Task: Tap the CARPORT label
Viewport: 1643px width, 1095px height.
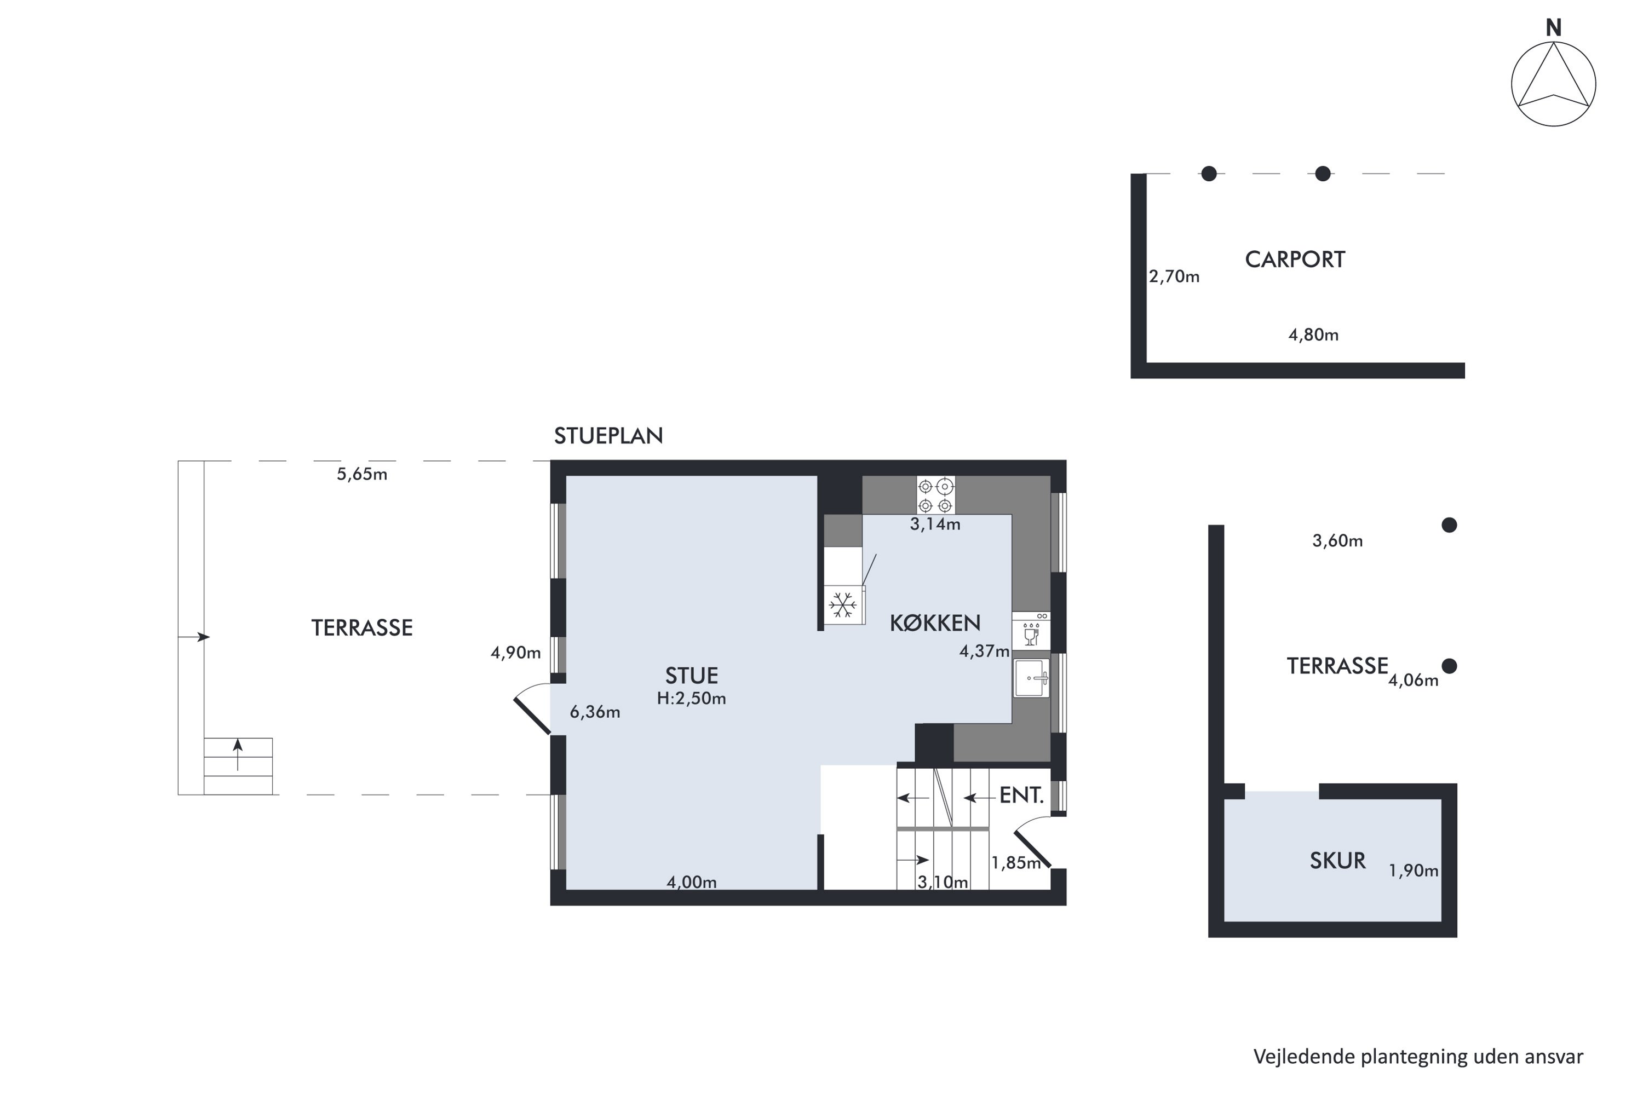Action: [x=1295, y=260]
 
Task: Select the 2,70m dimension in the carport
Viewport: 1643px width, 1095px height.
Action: [x=1174, y=276]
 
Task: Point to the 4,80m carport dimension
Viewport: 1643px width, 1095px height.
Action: [x=1313, y=335]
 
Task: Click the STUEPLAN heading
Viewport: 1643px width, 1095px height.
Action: [x=608, y=436]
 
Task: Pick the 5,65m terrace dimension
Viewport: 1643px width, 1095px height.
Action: [x=362, y=474]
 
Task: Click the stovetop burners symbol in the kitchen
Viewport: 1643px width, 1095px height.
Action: [x=935, y=495]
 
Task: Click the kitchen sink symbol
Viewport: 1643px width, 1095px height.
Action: [x=1032, y=677]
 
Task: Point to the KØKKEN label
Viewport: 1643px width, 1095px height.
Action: [x=935, y=623]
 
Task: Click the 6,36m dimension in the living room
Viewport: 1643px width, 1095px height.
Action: [x=595, y=712]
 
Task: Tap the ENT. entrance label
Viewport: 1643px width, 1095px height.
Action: [x=1021, y=796]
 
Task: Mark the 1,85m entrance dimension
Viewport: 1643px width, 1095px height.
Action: [x=1016, y=863]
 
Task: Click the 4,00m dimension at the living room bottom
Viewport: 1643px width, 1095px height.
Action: [x=692, y=883]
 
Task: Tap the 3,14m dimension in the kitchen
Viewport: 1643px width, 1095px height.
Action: [x=935, y=525]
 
